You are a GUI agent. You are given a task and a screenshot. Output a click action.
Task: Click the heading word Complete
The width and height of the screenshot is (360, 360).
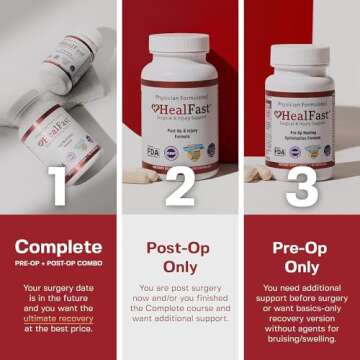point(59,246)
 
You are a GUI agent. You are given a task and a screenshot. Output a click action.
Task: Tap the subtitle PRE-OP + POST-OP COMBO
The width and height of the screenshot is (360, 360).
point(59,265)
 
